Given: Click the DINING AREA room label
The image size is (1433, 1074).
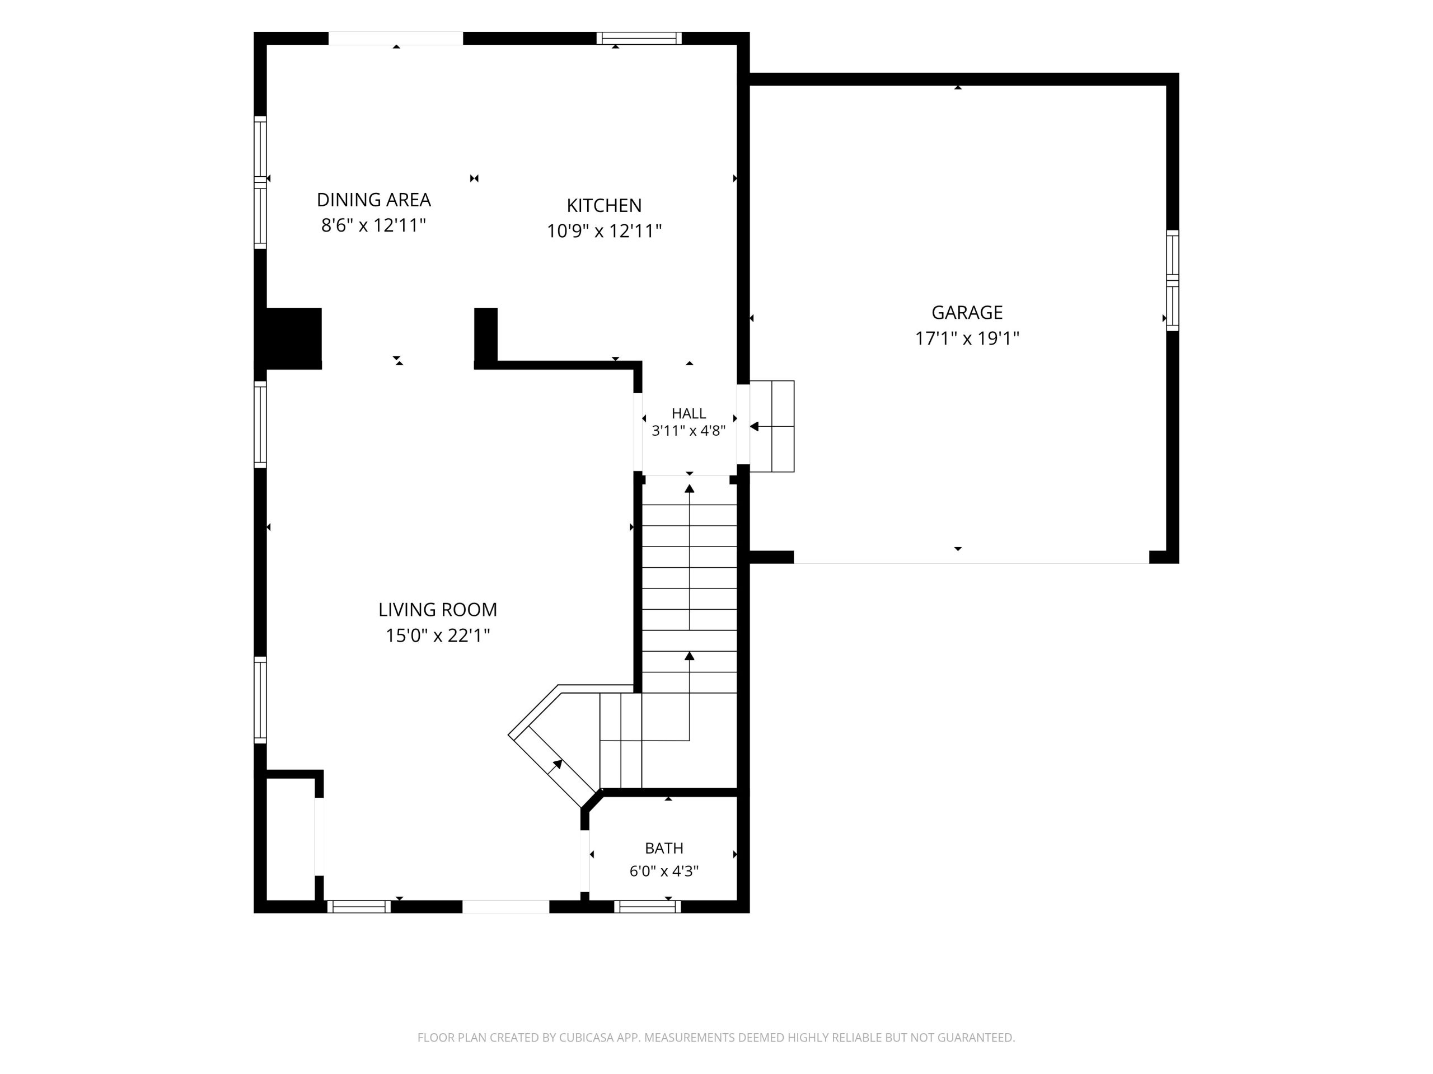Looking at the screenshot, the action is click(x=374, y=199).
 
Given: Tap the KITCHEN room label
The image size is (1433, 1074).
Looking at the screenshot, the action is click(x=605, y=205).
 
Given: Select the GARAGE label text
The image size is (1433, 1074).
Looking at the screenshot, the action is click(x=967, y=313).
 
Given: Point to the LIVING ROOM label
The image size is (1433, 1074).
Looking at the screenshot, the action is click(x=438, y=610).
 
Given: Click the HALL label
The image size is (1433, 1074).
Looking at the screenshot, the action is click(x=689, y=413).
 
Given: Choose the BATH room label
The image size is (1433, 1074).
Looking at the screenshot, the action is click(x=664, y=848).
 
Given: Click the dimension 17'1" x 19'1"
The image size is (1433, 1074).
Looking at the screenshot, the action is click(x=967, y=338).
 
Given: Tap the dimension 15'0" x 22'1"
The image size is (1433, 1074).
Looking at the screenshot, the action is click(x=438, y=635).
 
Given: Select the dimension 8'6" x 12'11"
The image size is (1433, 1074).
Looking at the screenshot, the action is click(x=374, y=225).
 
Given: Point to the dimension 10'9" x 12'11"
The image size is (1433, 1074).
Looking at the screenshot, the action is click(x=605, y=231).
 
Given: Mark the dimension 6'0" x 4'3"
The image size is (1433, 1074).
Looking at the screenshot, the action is click(x=664, y=872).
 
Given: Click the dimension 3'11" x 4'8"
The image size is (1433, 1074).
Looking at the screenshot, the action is click(x=689, y=431).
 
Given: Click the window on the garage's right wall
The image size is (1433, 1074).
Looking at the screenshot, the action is click(x=1173, y=280).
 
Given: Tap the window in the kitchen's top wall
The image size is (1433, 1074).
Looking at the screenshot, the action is click(x=639, y=38).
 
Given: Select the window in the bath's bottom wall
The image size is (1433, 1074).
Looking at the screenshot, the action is click(x=647, y=906).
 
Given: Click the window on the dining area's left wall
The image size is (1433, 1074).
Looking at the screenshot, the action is click(x=260, y=182).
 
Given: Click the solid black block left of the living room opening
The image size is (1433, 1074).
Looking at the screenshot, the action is click(x=288, y=338).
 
